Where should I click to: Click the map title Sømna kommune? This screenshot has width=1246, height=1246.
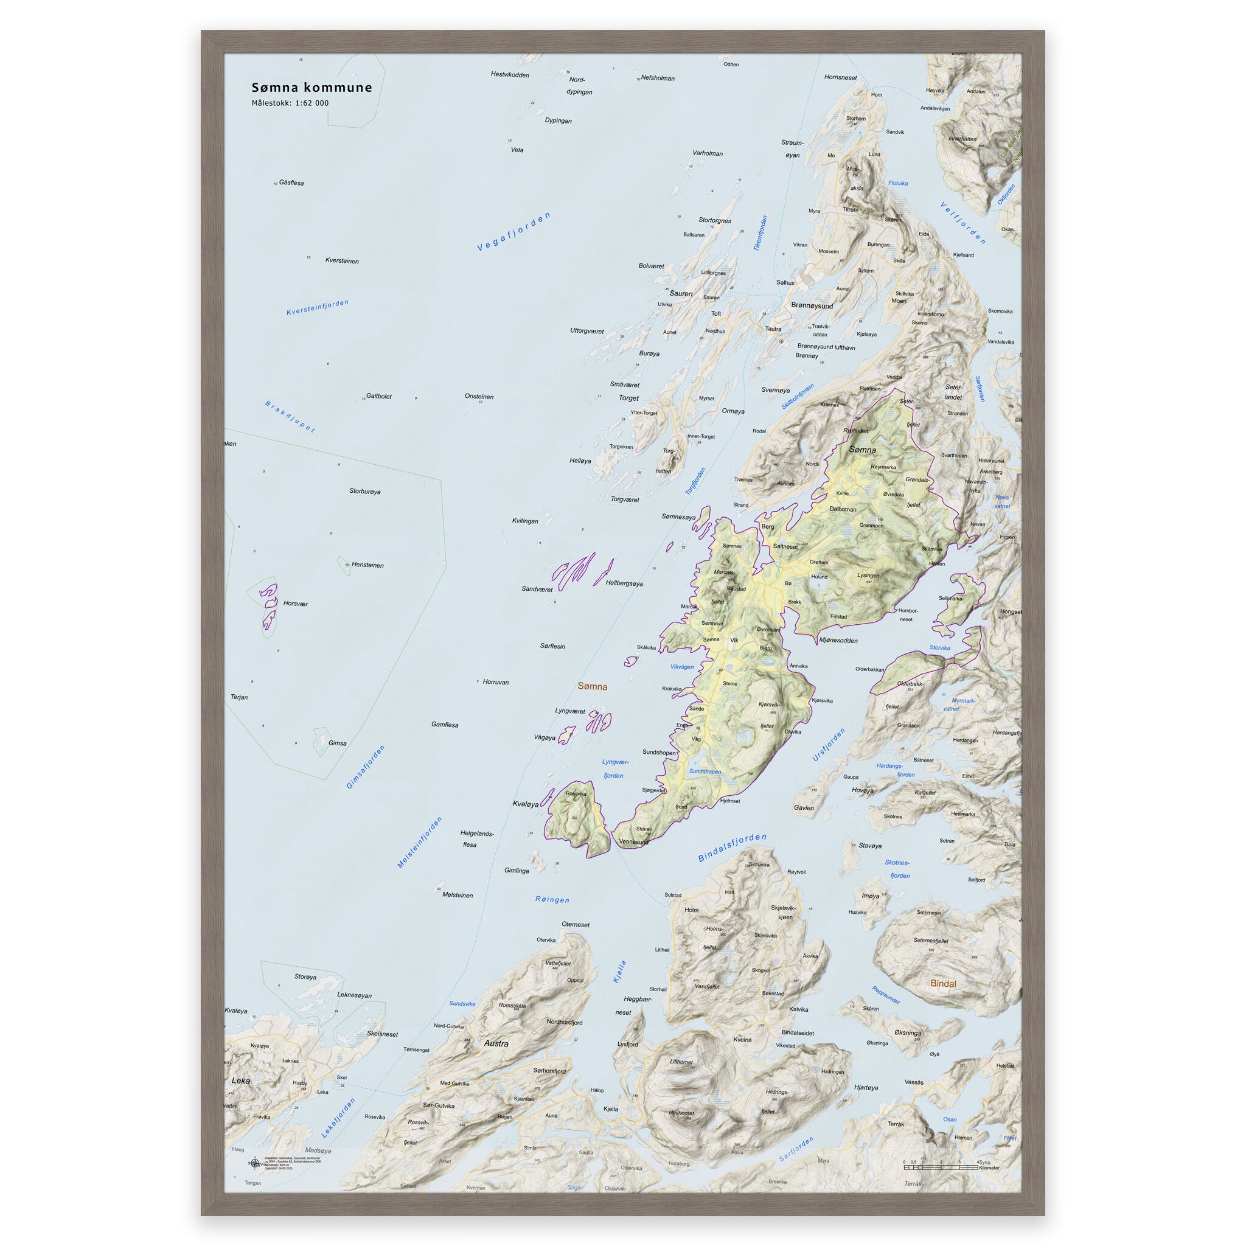[x=311, y=88]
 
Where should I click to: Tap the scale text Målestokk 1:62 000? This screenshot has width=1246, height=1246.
[x=290, y=103]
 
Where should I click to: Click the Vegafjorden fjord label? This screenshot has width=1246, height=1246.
[x=514, y=231]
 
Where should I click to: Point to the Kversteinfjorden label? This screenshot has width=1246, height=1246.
[x=318, y=308]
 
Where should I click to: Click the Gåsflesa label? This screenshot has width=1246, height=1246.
[x=291, y=183]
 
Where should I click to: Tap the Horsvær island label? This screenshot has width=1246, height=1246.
[x=295, y=604]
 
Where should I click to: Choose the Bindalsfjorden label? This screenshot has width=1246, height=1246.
[x=733, y=847]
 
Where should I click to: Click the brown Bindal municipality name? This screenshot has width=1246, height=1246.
[x=943, y=984]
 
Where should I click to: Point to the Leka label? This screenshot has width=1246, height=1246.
[x=240, y=1081]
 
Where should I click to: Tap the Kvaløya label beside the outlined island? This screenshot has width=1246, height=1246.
[x=525, y=804]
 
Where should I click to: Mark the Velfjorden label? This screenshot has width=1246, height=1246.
[x=963, y=223]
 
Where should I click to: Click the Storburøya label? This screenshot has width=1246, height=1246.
[x=365, y=492]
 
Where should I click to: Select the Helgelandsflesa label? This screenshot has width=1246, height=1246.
[x=476, y=838]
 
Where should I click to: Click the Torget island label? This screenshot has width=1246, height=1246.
[x=629, y=398]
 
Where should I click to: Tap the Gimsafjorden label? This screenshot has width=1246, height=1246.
[x=366, y=767]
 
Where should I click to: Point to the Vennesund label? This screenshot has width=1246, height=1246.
[x=633, y=842]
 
